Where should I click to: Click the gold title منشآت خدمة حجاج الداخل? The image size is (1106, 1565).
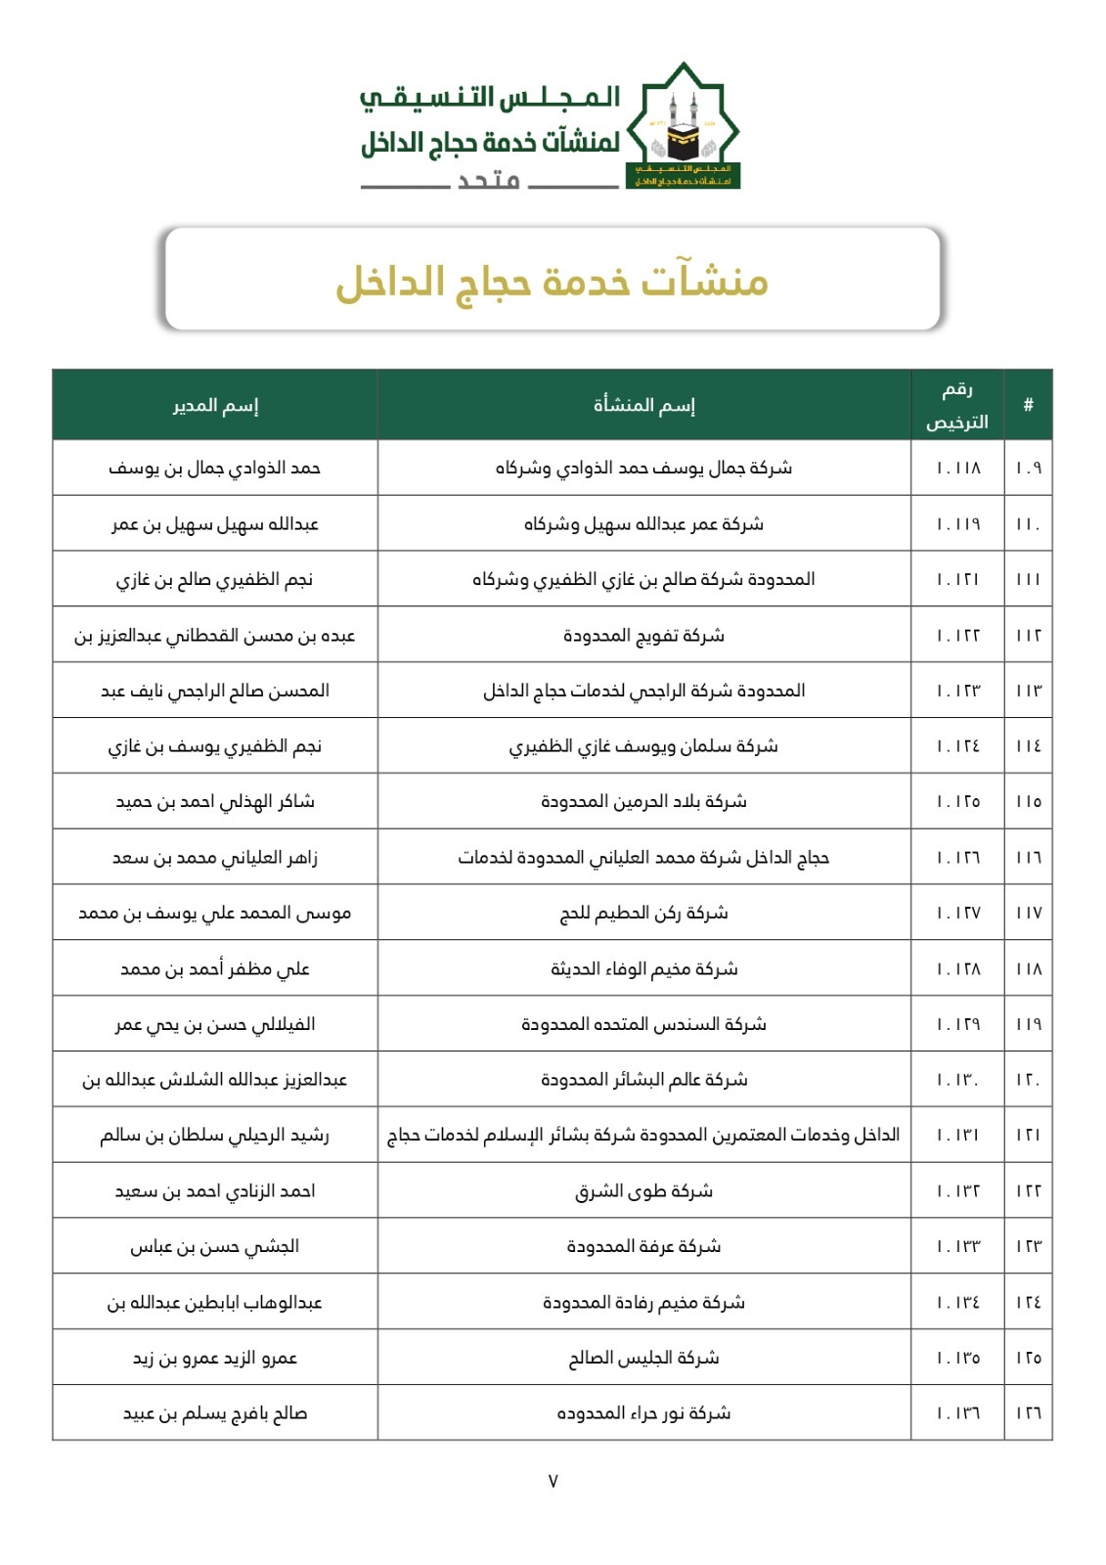[x=553, y=282]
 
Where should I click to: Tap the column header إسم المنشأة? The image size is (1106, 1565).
[x=644, y=405]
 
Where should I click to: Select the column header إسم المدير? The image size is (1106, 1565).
[x=215, y=405]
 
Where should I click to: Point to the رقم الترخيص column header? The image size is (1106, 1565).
[x=957, y=405]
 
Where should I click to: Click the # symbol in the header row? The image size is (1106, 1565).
[x=1028, y=405]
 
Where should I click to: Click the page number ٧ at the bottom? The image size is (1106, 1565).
[x=553, y=1481]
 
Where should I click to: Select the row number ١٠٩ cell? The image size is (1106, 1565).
[x=1028, y=469]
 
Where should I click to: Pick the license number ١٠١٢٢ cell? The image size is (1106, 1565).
[x=957, y=636]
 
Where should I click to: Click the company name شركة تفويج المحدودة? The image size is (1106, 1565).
[x=644, y=636]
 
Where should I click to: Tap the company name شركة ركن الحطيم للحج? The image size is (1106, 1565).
[x=644, y=914]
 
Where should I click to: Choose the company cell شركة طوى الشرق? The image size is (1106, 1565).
[x=644, y=1191]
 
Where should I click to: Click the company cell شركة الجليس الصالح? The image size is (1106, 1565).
[x=644, y=1358]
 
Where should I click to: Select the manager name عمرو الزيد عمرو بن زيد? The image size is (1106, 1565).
[x=215, y=1358]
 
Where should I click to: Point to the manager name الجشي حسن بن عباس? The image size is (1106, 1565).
[x=215, y=1247]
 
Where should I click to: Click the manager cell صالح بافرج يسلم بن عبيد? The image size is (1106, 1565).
[x=215, y=1413]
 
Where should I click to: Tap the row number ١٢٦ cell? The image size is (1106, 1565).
[x=1028, y=1413]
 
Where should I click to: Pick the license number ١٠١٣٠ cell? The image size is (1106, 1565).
[x=957, y=1080]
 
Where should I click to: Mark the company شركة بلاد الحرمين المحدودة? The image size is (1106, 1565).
[x=644, y=802]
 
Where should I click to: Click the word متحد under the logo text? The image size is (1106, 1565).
[x=489, y=181]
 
